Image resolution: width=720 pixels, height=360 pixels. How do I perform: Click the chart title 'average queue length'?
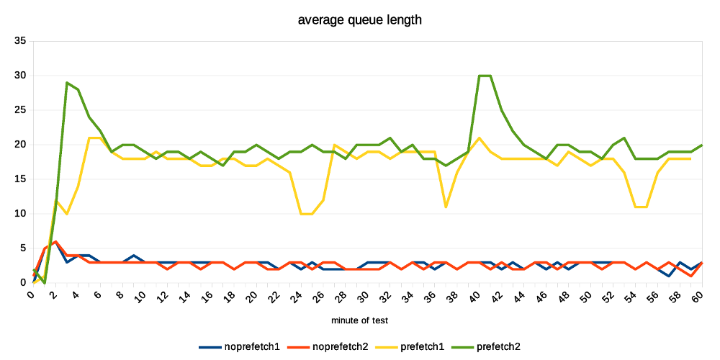(x=359, y=20)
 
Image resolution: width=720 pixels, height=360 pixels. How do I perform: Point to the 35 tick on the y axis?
(x=19, y=41)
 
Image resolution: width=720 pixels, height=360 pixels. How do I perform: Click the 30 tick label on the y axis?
(x=19, y=76)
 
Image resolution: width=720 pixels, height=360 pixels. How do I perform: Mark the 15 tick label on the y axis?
(x=19, y=179)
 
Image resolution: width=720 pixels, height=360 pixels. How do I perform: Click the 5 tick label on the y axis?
(x=22, y=248)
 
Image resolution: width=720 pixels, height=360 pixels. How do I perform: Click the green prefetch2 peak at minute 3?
(x=67, y=83)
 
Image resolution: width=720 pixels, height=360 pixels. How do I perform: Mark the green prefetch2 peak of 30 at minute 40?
(x=480, y=76)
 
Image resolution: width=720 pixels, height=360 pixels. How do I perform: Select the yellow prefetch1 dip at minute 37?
(x=446, y=207)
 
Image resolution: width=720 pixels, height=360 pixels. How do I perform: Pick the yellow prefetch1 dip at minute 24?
(x=301, y=214)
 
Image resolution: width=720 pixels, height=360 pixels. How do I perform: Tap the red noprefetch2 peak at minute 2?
(x=55, y=241)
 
